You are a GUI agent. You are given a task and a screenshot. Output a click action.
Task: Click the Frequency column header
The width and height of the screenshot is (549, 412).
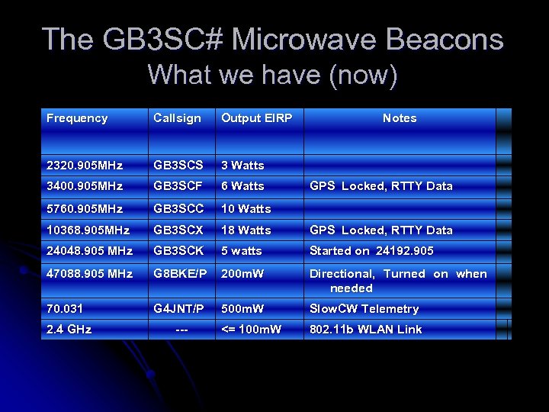coord(77,118)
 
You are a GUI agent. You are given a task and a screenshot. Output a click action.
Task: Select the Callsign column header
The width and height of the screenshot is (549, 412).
coord(177,118)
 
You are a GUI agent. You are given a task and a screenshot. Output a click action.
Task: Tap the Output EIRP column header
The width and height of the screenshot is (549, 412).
coord(256,118)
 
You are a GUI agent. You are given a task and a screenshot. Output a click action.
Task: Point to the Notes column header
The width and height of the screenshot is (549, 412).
coord(400,118)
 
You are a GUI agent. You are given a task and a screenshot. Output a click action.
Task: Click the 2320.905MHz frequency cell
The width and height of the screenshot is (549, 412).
coord(85,166)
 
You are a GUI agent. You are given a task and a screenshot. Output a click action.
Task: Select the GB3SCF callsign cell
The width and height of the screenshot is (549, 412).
coord(178,186)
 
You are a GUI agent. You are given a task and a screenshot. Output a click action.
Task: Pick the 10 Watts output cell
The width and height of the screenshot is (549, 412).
coord(246,209)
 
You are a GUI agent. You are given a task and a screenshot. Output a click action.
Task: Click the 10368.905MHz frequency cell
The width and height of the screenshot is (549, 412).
coord(88,230)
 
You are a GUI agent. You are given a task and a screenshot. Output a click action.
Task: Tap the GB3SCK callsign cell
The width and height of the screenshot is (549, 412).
coord(178,251)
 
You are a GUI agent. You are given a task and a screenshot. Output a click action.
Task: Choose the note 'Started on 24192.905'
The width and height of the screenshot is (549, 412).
coord(371,251)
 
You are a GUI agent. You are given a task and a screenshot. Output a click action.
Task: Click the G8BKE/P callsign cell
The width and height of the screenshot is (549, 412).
coord(179,274)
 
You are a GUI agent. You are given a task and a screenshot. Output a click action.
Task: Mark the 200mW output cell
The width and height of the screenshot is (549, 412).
coord(242,274)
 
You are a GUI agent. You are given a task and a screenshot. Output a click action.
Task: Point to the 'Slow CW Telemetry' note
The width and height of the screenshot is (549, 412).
coord(364,309)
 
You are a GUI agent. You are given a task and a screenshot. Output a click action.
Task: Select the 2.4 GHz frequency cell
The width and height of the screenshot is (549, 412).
coord(69,330)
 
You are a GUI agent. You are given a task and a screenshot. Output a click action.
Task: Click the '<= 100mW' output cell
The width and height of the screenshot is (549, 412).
coord(251,330)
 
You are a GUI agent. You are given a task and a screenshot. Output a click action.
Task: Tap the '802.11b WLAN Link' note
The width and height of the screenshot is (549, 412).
coord(365,330)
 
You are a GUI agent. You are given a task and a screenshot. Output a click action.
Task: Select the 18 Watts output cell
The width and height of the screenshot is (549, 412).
coord(246,230)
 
